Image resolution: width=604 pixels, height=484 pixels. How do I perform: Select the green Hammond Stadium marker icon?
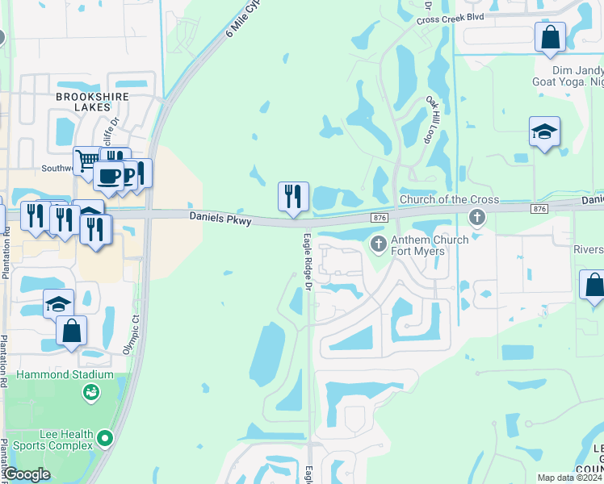(x=90, y=393)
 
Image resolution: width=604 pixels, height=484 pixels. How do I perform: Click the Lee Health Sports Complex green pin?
(x=103, y=439)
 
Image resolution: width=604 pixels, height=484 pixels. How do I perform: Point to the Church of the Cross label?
(x=449, y=200)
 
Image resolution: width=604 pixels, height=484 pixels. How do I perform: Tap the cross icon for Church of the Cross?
(x=477, y=217)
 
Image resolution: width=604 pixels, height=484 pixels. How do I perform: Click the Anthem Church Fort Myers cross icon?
(x=377, y=243)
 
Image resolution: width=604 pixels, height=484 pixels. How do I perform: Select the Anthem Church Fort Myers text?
(x=430, y=246)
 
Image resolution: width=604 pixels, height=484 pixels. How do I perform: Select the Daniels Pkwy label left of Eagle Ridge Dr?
(x=220, y=218)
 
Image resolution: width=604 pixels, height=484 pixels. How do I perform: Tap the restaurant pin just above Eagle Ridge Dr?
(x=293, y=196)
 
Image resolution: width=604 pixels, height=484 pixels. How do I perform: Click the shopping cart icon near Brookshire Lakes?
(x=86, y=160)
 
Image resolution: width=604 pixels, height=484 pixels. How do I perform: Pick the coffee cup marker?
(x=108, y=175)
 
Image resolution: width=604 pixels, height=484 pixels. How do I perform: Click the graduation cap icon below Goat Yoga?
(x=545, y=131)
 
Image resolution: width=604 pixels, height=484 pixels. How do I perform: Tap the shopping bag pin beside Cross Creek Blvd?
(x=550, y=36)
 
